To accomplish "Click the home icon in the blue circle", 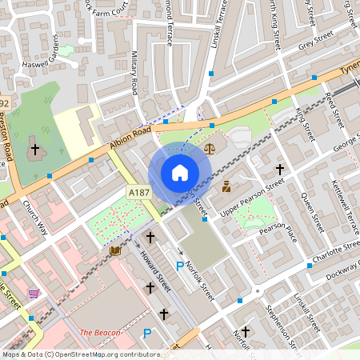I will point(179,173).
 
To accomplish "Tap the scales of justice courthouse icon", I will point(210,148).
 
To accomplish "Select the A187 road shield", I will point(138,192).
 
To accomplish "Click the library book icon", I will point(115,250).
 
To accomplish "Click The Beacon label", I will point(100,332).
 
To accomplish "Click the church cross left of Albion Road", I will point(34,149).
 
